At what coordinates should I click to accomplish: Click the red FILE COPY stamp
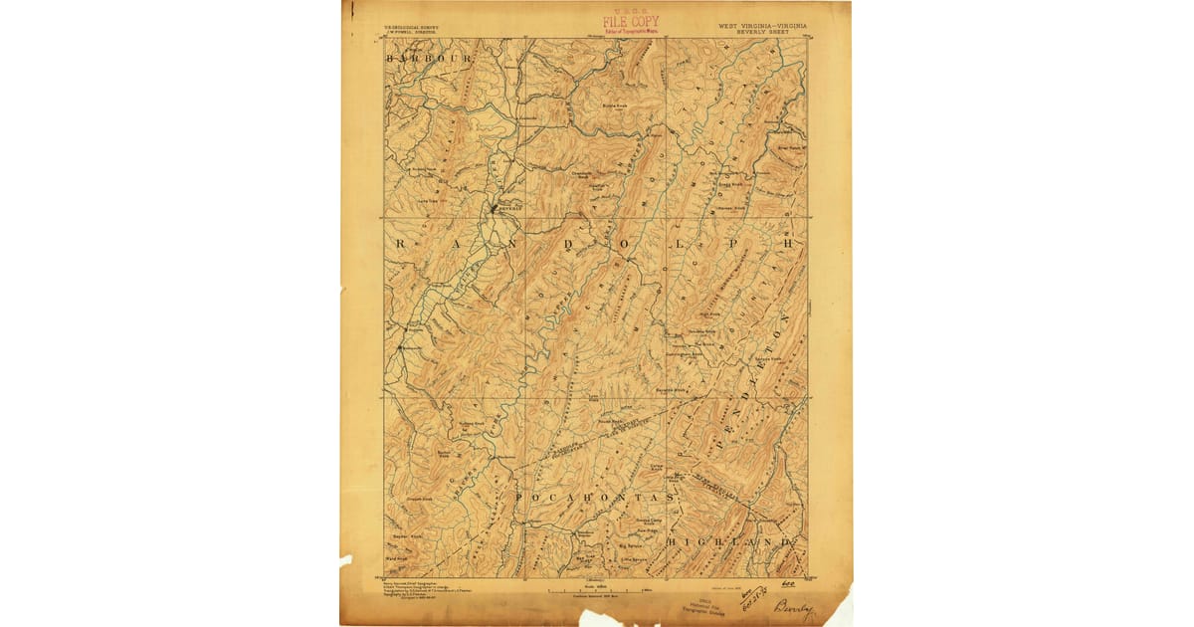pos(630,22)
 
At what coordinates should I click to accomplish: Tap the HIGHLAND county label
pos(734,541)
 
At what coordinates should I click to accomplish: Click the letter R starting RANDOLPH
pos(402,243)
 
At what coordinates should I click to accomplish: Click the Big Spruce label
pos(631,546)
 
